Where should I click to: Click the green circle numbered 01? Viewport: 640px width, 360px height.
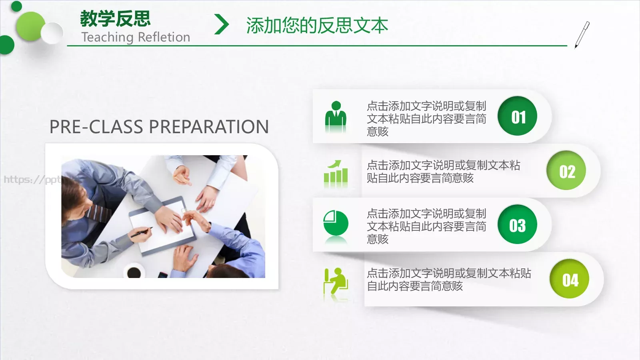tap(517, 116)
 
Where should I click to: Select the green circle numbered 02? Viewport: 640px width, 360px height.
tap(566, 170)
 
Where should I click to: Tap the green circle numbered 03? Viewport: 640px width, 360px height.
tap(517, 224)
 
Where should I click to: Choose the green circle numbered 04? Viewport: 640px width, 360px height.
tap(570, 279)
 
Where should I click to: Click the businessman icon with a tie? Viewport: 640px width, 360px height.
tap(336, 116)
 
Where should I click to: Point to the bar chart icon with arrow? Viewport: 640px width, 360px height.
tap(336, 174)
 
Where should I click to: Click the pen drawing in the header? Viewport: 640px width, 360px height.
tap(582, 34)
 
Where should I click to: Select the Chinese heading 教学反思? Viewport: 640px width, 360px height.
tap(115, 18)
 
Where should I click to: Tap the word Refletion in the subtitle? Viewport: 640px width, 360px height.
tap(164, 37)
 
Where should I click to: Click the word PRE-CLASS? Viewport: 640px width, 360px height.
tap(96, 127)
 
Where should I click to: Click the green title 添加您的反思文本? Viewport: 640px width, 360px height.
tap(317, 25)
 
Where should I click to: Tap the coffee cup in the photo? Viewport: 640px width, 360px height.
tap(134, 272)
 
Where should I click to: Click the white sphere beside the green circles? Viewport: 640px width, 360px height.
tap(52, 33)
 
